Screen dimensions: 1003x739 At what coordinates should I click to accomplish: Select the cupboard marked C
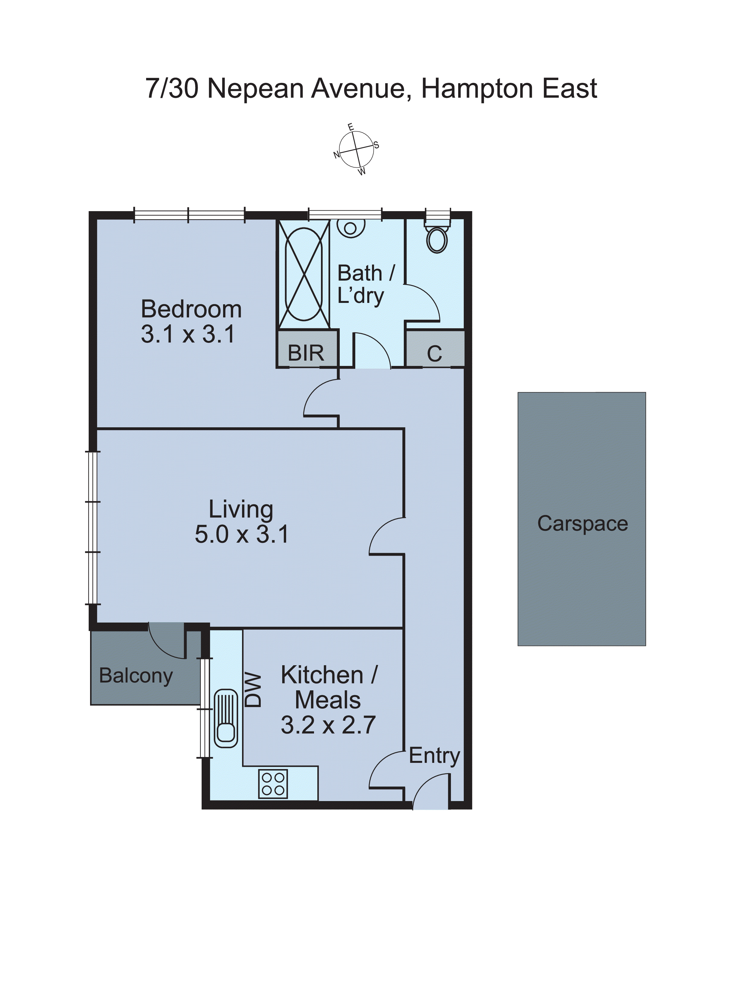point(434,354)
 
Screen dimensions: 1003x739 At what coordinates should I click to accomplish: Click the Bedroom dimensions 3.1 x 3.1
point(188,334)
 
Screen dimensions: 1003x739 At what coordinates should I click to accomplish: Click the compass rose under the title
point(356,149)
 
